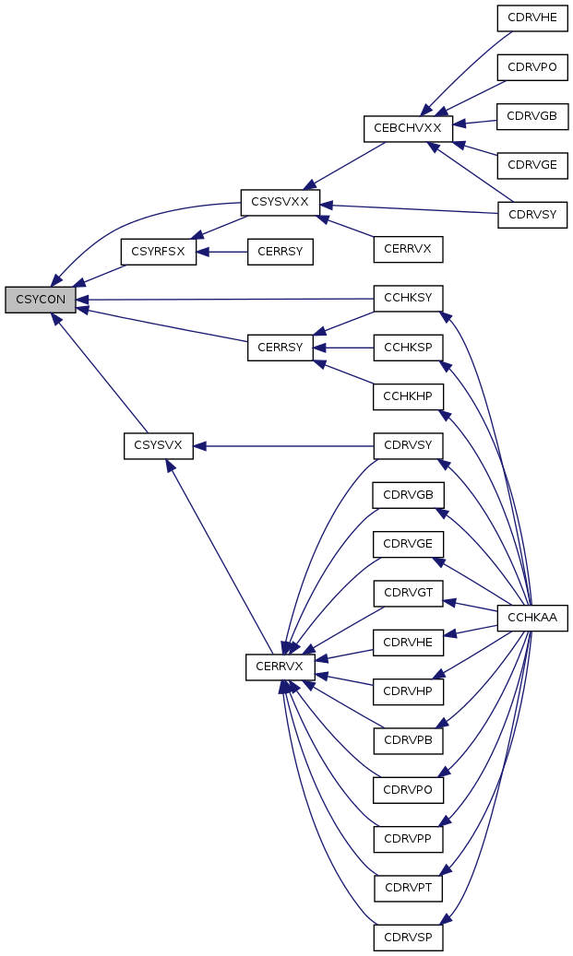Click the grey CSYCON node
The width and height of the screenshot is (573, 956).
[41, 300]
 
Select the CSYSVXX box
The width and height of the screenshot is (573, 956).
[281, 202]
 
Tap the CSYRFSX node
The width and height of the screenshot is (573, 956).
[159, 251]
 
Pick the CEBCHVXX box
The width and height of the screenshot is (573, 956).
[408, 129]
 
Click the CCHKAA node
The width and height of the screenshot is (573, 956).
[532, 619]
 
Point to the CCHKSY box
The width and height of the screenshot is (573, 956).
[408, 298]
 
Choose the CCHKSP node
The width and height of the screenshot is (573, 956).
[408, 348]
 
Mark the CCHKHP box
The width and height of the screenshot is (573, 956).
[408, 397]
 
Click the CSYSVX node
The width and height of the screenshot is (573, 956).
[159, 445]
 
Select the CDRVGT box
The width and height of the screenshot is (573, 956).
[408, 593]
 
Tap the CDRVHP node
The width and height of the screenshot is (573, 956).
[408, 691]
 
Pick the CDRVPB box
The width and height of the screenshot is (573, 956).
[408, 741]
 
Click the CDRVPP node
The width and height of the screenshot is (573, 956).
[408, 839]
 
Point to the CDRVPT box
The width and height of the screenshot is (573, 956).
[408, 889]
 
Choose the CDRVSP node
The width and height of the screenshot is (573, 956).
[408, 937]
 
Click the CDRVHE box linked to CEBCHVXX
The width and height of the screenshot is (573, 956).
[532, 18]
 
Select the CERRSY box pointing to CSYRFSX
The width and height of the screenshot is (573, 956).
[281, 251]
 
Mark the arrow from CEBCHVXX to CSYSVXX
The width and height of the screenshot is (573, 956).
[344, 165]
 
